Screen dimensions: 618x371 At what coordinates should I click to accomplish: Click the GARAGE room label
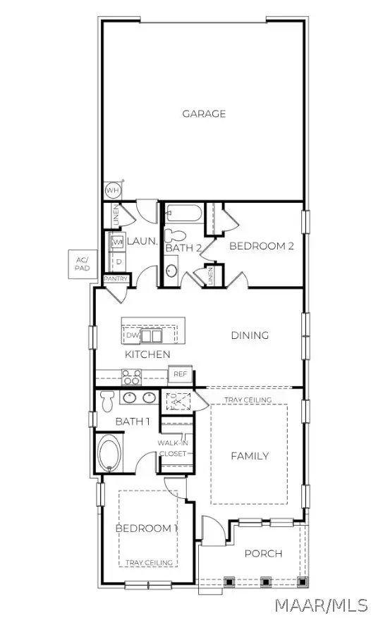(204, 113)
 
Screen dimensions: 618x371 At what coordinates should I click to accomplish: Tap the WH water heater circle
(112, 190)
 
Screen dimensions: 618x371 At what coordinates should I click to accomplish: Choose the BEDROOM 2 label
(261, 246)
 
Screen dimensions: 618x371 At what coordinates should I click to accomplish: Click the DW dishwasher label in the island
(133, 335)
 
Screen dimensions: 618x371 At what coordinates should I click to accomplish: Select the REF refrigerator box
(180, 375)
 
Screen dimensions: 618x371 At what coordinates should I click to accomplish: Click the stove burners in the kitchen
(131, 376)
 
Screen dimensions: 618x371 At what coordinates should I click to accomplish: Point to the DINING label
(250, 335)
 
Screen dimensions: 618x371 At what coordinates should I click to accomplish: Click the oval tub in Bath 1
(109, 453)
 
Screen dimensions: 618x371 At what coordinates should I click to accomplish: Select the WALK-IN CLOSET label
(174, 448)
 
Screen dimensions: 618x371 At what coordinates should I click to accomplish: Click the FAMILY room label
(250, 456)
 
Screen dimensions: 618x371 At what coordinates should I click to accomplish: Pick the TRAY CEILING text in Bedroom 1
(147, 562)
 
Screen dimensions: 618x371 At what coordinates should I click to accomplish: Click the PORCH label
(263, 553)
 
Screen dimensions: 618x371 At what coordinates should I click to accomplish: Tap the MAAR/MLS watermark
(322, 605)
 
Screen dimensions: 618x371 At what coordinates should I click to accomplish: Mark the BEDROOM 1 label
(146, 528)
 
